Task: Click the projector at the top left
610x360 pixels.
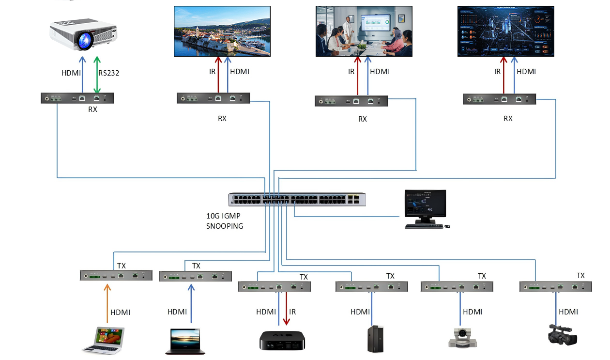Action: point(85,34)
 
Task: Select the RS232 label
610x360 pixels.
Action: point(109,74)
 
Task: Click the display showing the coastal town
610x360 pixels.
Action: point(222,31)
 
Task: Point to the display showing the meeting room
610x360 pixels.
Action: point(363,31)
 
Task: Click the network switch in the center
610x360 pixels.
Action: point(297,200)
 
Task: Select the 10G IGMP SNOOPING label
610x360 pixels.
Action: point(225,221)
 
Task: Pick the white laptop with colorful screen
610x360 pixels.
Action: point(103,340)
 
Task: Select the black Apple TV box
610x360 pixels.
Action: point(282,340)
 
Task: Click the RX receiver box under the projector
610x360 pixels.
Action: point(77,98)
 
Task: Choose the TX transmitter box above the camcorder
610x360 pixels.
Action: point(555,286)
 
